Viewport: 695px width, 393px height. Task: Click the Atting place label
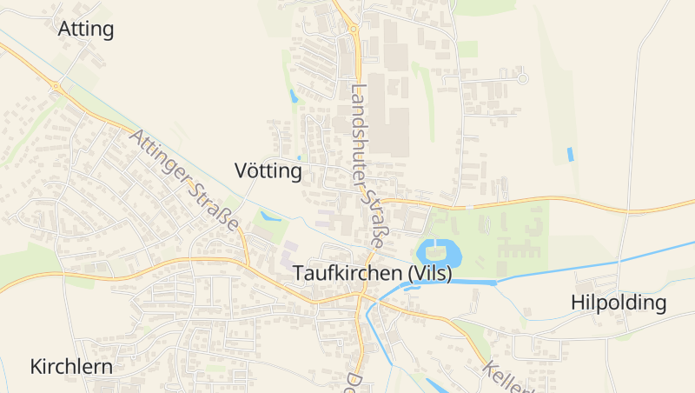pyautogui.click(x=86, y=29)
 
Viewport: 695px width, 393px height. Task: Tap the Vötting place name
pyautogui.click(x=268, y=171)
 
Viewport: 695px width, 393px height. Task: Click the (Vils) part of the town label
pyautogui.click(x=427, y=272)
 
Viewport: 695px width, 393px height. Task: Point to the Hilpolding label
pyautogui.click(x=619, y=303)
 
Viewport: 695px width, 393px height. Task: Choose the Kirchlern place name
pyautogui.click(x=71, y=366)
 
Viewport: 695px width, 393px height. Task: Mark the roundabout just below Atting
pyautogui.click(x=56, y=86)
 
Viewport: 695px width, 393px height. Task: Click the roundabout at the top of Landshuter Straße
pyautogui.click(x=354, y=29)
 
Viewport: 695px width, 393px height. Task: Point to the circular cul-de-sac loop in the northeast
pyautogui.click(x=522, y=78)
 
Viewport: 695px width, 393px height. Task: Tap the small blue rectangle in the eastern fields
pyautogui.click(x=570, y=154)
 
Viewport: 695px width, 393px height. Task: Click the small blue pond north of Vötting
pyautogui.click(x=294, y=96)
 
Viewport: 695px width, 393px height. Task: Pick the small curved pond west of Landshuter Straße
pyautogui.click(x=270, y=216)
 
